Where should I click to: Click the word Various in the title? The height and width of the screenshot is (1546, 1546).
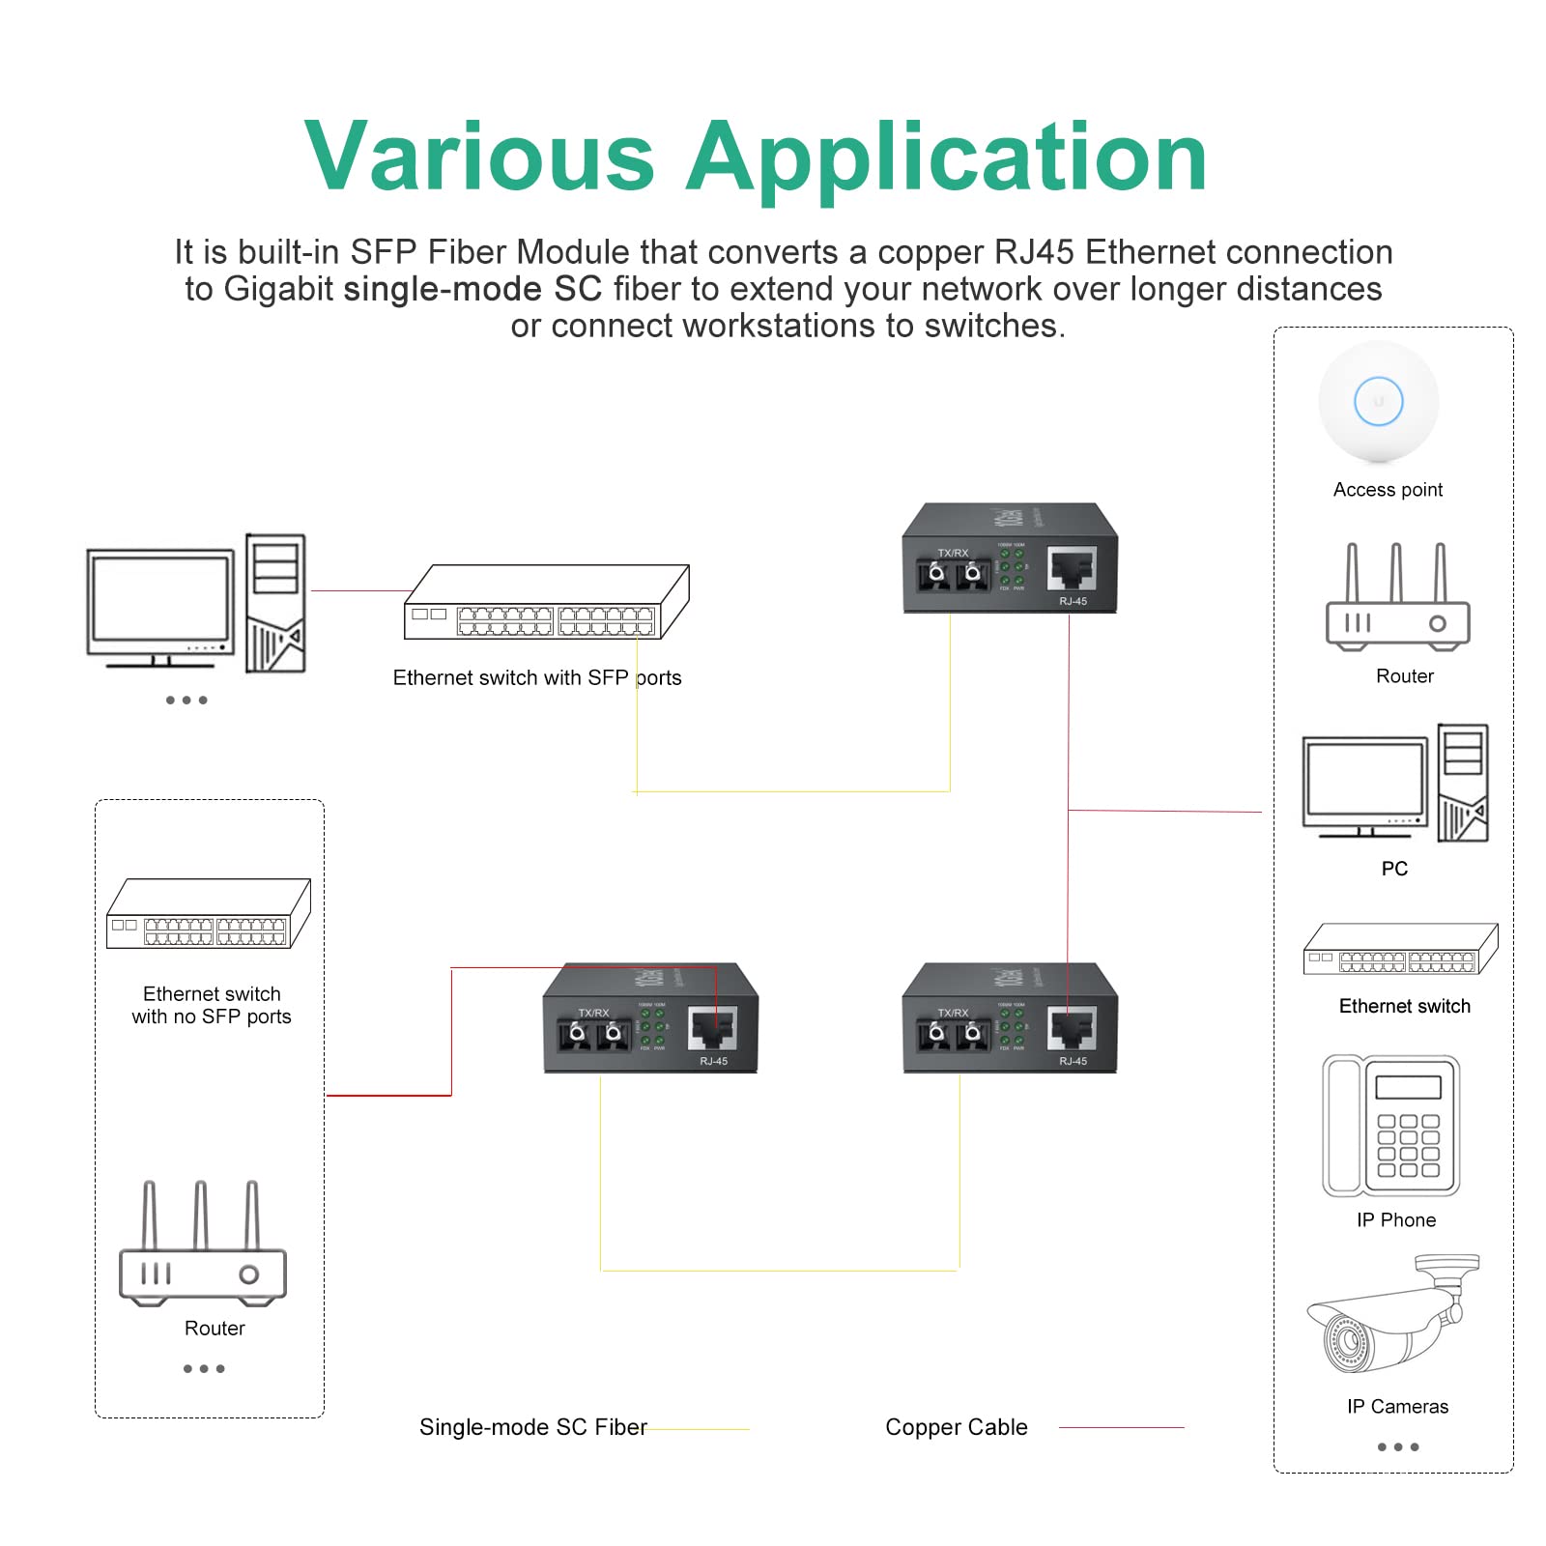[x=480, y=157]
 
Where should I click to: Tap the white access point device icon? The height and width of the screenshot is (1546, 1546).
[x=1378, y=402]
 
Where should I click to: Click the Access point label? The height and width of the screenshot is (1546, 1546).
[x=1388, y=490]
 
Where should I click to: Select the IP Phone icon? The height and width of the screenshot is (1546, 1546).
[x=1391, y=1126]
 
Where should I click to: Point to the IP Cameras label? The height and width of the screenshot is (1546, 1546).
[x=1397, y=1407]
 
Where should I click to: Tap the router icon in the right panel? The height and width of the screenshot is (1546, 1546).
[x=1397, y=599]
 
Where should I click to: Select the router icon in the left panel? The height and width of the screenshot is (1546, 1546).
[x=202, y=1246]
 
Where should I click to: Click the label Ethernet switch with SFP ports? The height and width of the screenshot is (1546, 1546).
[x=536, y=678]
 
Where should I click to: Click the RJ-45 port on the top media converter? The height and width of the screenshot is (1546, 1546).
[x=1073, y=569]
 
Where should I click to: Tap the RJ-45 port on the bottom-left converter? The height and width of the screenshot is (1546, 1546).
[x=713, y=1029]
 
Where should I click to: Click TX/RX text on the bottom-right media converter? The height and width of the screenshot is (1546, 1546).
[x=953, y=1013]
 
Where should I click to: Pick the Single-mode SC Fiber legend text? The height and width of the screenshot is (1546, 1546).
[x=532, y=1427]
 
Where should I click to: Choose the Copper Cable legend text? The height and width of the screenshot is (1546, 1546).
[x=956, y=1427]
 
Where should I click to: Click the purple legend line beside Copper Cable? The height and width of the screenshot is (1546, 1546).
[x=1121, y=1427]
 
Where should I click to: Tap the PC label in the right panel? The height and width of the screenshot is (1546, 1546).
[x=1394, y=869]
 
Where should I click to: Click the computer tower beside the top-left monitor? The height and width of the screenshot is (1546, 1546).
[x=275, y=604]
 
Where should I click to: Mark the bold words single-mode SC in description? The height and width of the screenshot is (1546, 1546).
[x=472, y=289]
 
